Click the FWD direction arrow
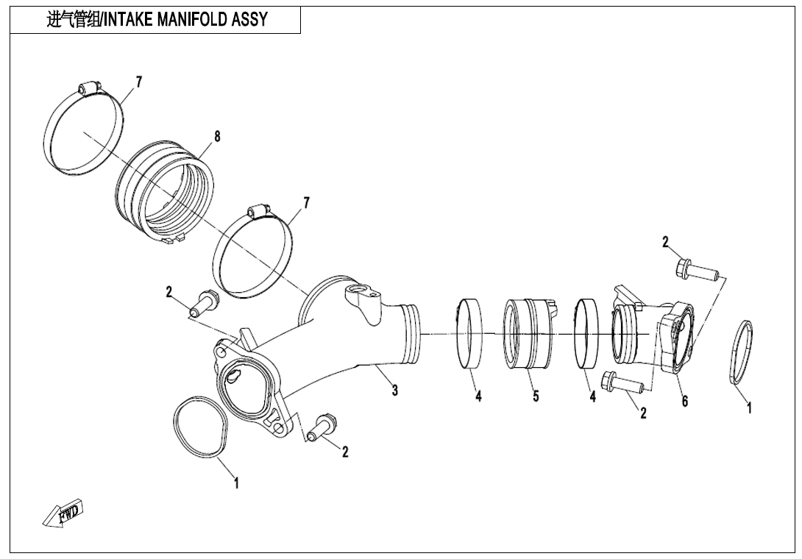click(x=64, y=513)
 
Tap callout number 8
click(x=217, y=137)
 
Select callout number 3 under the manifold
click(x=395, y=391)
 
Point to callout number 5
click(x=536, y=396)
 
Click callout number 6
click(x=684, y=401)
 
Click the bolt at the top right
click(x=698, y=270)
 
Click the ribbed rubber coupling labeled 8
click(x=166, y=189)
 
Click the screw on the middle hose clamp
click(x=258, y=211)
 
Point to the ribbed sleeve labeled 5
click(x=528, y=332)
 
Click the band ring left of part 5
click(x=469, y=332)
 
